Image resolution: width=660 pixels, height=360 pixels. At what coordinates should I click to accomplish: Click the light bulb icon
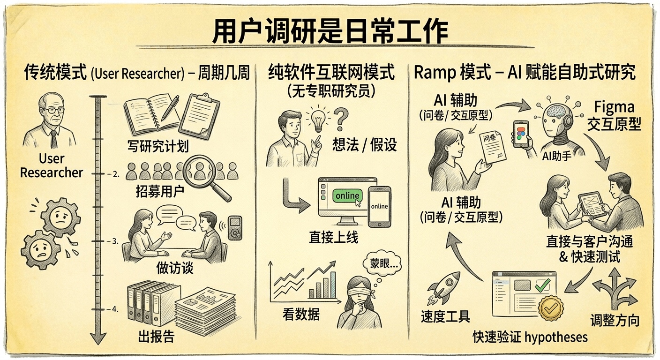click(318, 120)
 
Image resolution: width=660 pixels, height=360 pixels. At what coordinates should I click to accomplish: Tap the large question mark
click(341, 120)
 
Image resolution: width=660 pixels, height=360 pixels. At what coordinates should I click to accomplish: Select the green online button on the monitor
click(347, 196)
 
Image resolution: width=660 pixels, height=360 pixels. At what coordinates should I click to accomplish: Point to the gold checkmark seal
click(550, 308)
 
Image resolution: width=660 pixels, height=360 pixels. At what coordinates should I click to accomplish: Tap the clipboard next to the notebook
click(199, 116)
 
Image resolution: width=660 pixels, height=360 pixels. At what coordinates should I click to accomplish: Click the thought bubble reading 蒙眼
click(382, 263)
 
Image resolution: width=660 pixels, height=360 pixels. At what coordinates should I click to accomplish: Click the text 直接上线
click(334, 237)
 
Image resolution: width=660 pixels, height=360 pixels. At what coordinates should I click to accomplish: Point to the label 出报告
click(156, 336)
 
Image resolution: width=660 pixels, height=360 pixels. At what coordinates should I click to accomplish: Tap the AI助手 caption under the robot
click(556, 156)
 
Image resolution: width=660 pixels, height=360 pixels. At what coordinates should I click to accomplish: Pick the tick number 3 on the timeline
click(115, 241)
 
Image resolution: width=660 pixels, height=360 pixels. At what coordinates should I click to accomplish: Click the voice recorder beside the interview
click(235, 228)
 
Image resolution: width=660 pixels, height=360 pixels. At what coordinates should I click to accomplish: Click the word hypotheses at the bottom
click(556, 337)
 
